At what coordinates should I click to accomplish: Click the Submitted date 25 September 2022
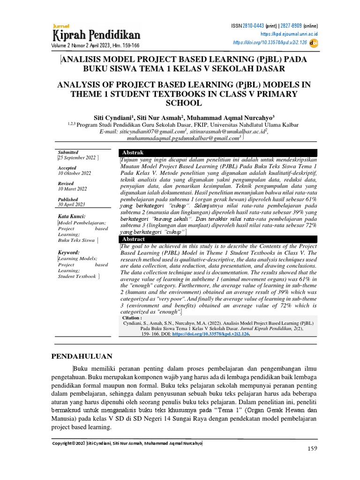pyautogui.click(x=77, y=158)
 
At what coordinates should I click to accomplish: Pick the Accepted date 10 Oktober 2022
pyautogui.click(x=75, y=173)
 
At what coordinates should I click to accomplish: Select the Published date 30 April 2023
pyautogui.click(x=71, y=204)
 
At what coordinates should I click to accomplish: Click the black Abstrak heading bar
pyautogui.click(x=217, y=153)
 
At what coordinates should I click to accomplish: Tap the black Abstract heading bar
pyautogui.click(x=217, y=239)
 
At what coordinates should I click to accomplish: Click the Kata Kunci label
pyautogui.click(x=71, y=216)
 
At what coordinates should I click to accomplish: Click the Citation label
pyautogui.click(x=131, y=318)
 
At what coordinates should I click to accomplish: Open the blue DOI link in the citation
pyautogui.click(x=211, y=334)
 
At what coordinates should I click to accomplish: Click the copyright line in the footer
pyautogui.click(x=127, y=443)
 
